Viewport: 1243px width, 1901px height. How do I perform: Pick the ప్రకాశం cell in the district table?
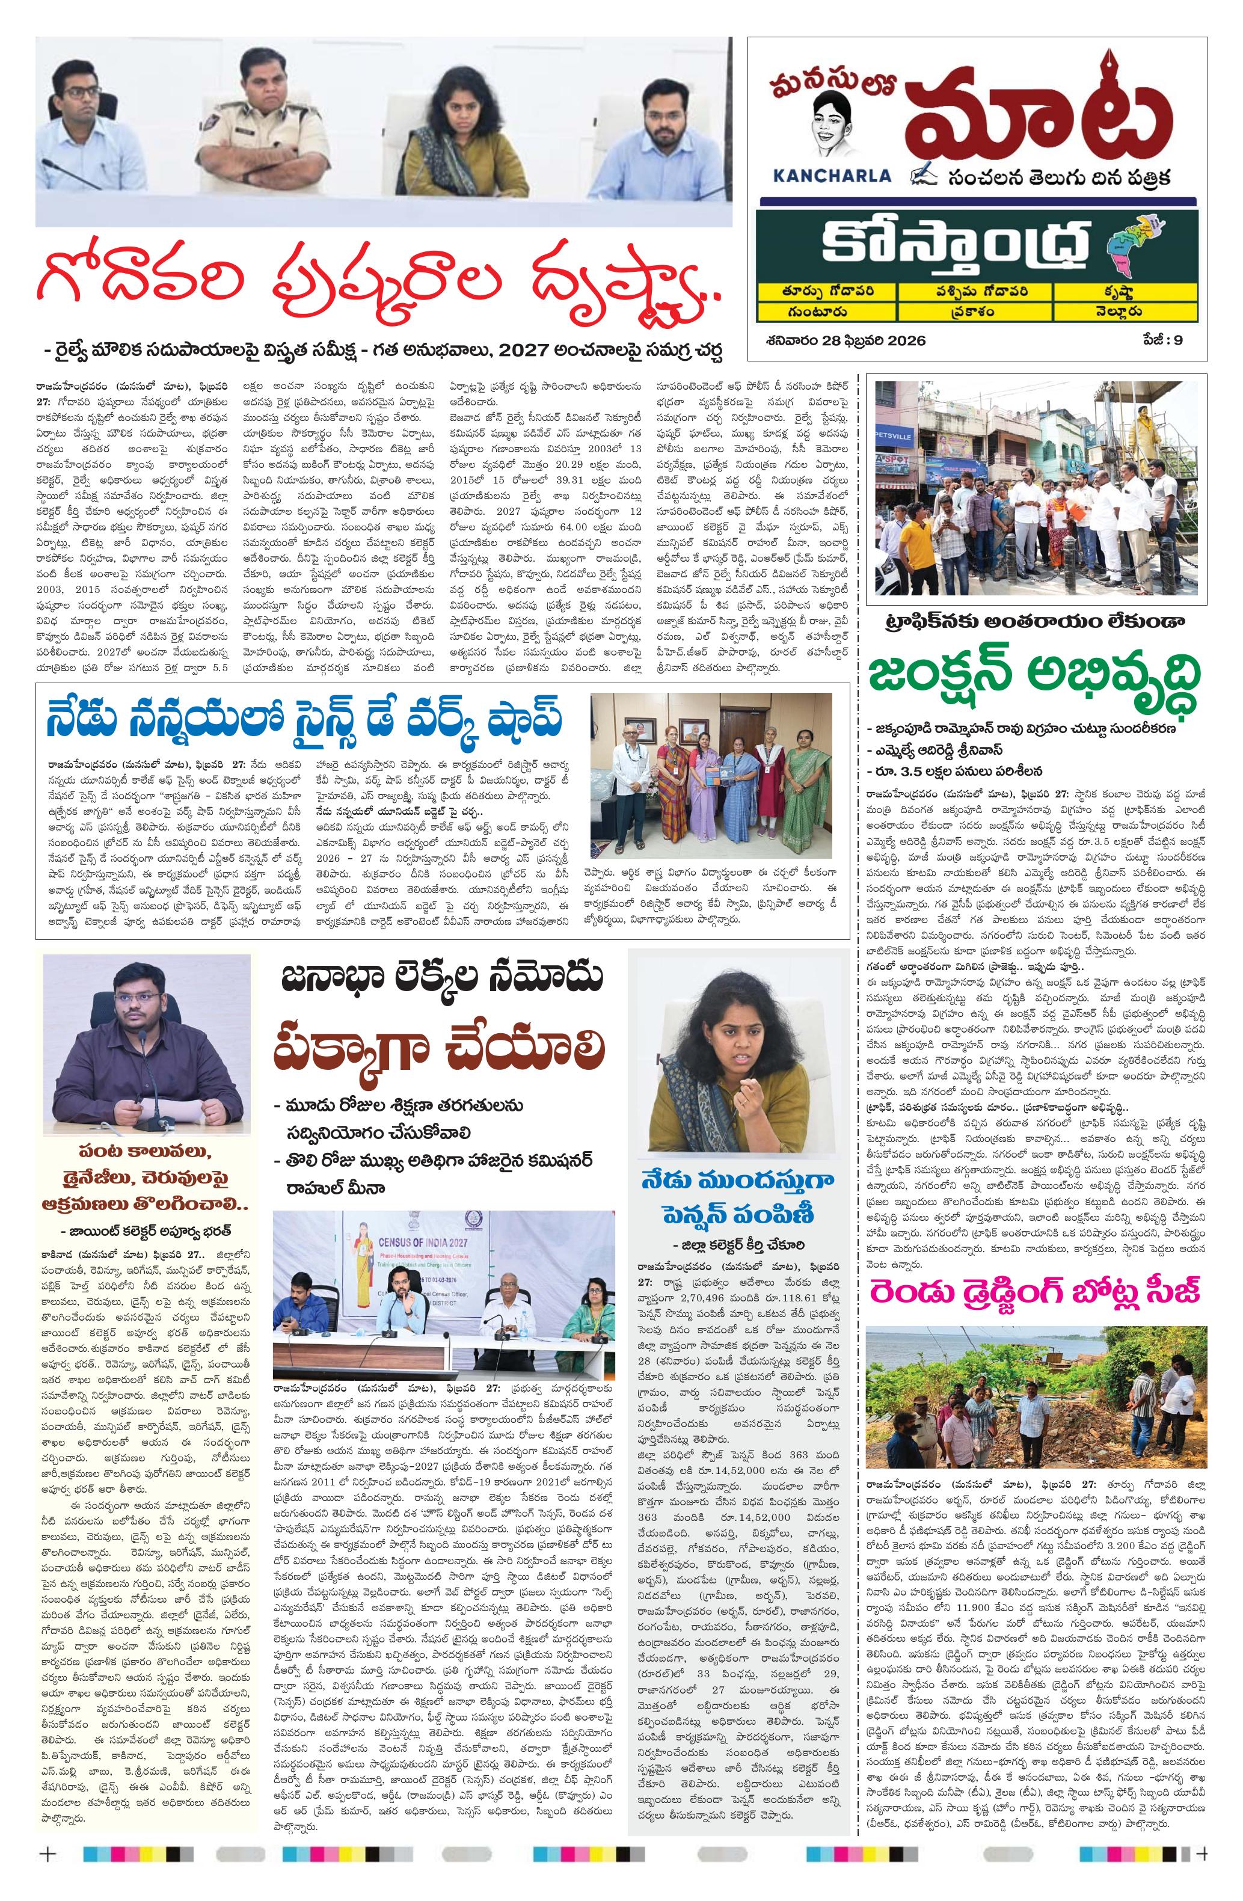pyautogui.click(x=975, y=312)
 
